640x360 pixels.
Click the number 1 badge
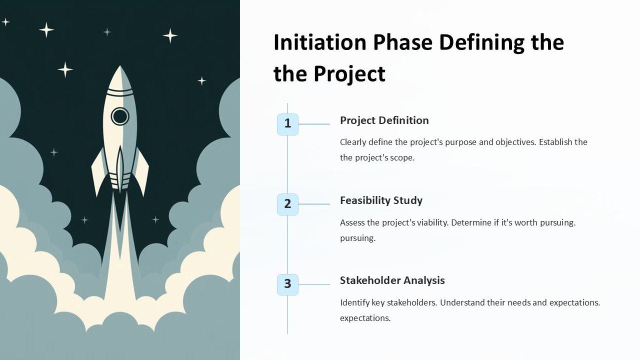(287, 124)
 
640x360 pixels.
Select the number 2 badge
(287, 204)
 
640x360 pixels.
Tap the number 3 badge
(287, 284)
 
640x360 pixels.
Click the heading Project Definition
(384, 120)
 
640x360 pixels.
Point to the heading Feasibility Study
(381, 200)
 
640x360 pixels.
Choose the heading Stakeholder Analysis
(392, 280)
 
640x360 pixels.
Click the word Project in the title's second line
(349, 74)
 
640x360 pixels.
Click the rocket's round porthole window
(120, 116)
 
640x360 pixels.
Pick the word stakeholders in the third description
(409, 302)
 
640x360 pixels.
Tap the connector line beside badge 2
(314, 204)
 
